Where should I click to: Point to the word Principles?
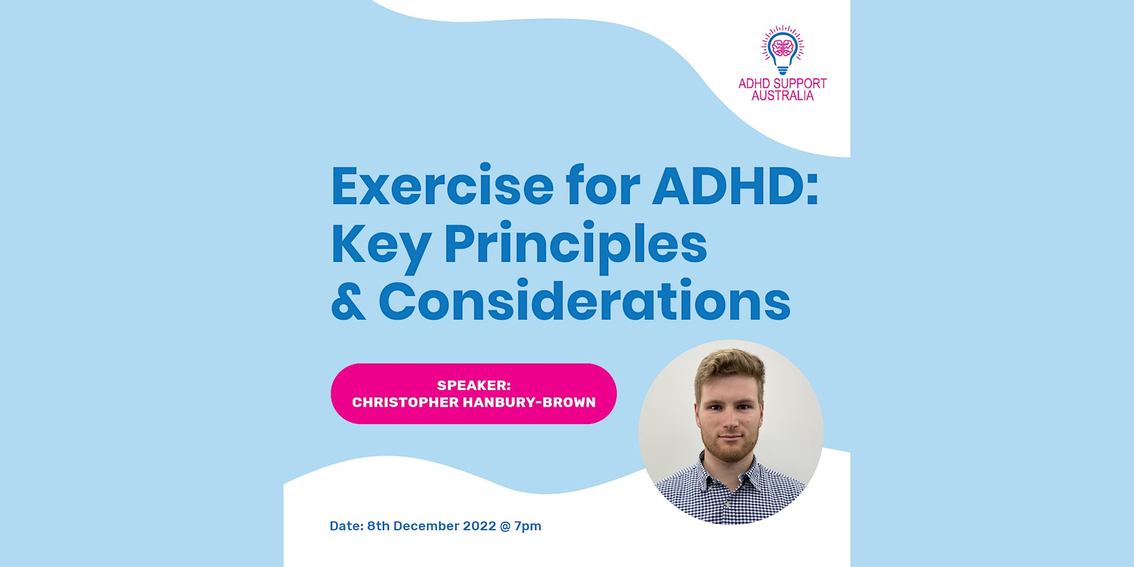576,245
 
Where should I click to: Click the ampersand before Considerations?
348,302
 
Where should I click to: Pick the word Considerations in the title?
584,302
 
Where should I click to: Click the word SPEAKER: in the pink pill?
474,386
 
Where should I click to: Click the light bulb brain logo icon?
782,50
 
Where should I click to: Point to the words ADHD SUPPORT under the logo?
782,83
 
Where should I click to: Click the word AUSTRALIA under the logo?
782,96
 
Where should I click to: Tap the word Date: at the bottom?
346,526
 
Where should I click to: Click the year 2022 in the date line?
480,526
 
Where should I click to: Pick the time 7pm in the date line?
528,526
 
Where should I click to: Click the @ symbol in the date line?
505,526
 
